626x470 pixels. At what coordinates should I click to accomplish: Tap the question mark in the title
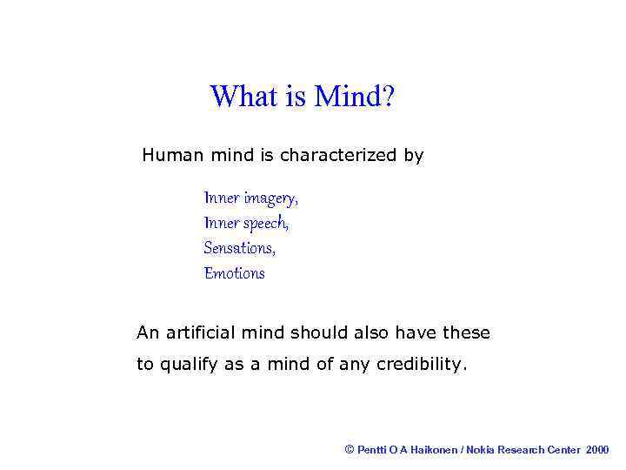click(x=387, y=96)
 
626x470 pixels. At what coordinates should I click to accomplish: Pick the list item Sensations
click(x=239, y=248)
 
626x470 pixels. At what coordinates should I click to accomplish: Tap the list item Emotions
click(x=234, y=273)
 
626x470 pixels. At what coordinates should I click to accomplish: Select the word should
click(x=318, y=332)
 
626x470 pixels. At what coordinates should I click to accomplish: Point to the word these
click(x=466, y=332)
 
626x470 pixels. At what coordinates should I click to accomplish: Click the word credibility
click(x=422, y=365)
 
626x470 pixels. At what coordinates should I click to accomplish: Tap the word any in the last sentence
click(x=354, y=365)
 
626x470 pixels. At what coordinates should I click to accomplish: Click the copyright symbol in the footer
click(x=350, y=449)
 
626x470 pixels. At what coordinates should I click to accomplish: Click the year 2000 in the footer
click(x=597, y=449)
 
